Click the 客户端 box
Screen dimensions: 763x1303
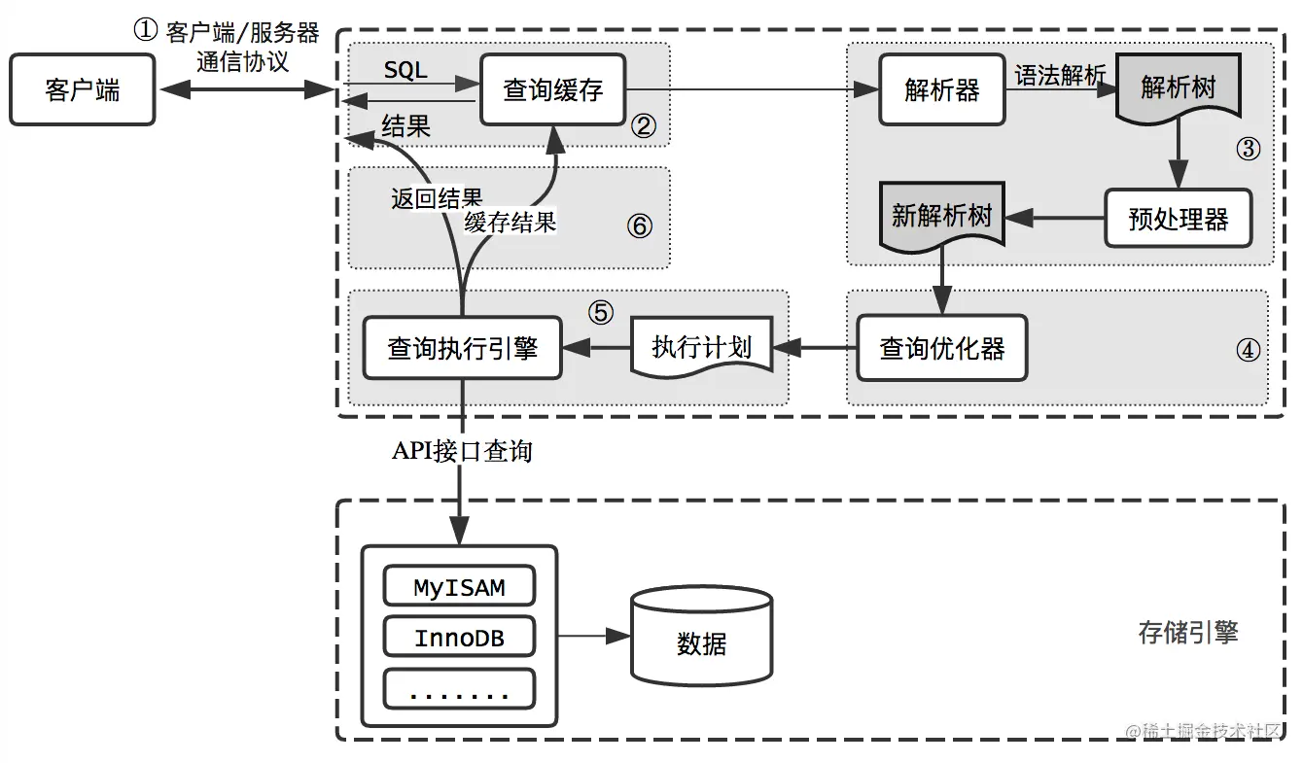pos(83,90)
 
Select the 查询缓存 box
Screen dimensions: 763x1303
pos(553,90)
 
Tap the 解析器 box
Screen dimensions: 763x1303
pos(941,90)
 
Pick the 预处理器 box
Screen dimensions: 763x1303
pos(1179,219)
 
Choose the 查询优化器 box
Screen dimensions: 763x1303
pos(941,348)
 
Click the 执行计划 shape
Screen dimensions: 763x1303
pos(702,348)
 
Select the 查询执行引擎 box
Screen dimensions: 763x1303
pos(462,348)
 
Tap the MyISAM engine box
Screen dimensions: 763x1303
pos(460,588)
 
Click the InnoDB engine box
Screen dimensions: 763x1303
pos(460,639)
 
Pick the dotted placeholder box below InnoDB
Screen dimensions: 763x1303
pos(460,689)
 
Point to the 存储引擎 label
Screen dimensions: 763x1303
pos(1187,634)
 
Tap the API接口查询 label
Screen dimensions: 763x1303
pos(462,451)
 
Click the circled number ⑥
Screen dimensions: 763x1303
pos(638,225)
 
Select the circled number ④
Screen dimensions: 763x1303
pos(1248,350)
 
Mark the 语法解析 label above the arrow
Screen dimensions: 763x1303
pos(1060,75)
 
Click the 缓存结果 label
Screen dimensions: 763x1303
pos(510,222)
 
